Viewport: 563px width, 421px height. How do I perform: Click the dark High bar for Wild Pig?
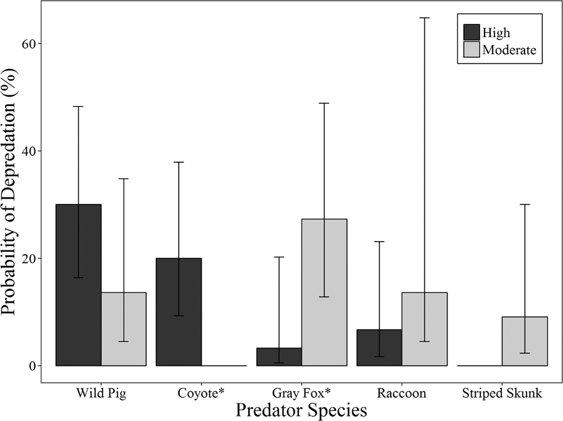click(x=79, y=285)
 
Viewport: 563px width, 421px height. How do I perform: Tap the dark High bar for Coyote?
click(x=178, y=312)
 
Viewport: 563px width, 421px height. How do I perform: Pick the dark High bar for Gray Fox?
click(x=279, y=356)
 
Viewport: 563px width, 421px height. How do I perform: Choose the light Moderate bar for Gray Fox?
click(x=324, y=292)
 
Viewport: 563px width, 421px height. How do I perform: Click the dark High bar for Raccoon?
click(x=379, y=348)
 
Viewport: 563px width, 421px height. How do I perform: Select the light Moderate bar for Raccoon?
click(x=424, y=329)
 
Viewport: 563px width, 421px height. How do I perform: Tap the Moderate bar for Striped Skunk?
click(x=525, y=341)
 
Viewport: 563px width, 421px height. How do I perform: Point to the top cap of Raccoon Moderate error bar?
click(x=424, y=18)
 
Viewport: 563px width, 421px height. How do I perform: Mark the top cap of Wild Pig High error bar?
click(x=79, y=107)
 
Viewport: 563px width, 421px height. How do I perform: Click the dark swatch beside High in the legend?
click(x=471, y=32)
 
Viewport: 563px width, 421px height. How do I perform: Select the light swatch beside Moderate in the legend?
click(x=471, y=50)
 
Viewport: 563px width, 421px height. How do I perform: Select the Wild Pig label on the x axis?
click(x=101, y=394)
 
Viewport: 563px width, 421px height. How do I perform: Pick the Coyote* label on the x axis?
click(x=201, y=394)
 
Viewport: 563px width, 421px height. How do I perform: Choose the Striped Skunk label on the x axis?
click(x=502, y=394)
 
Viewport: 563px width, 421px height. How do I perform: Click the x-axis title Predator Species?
click(x=301, y=410)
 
